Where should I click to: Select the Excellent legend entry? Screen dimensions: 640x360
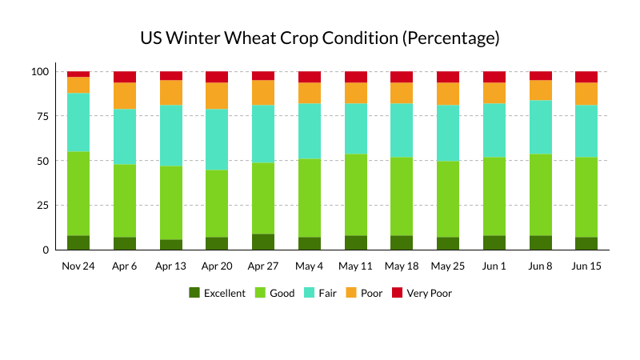click(x=217, y=293)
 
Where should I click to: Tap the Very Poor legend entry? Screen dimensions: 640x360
click(x=422, y=293)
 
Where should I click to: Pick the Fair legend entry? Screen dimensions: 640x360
click(x=321, y=293)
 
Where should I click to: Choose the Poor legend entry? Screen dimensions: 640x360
click(x=364, y=293)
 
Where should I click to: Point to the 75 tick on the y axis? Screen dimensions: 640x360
click(x=43, y=116)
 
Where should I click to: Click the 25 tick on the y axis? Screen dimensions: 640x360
click(x=43, y=206)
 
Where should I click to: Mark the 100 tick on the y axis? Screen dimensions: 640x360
click(x=40, y=72)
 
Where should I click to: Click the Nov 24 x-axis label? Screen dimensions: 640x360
click(x=78, y=266)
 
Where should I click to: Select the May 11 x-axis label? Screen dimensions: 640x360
click(x=355, y=266)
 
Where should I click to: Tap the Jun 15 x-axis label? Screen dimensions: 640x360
click(x=586, y=266)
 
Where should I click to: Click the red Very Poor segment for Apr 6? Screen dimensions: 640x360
click(x=125, y=77)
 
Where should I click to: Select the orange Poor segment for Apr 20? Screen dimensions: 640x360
click(x=217, y=96)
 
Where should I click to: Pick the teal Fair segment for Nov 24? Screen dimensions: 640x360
click(x=78, y=122)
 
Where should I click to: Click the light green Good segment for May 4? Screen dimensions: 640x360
click(x=310, y=198)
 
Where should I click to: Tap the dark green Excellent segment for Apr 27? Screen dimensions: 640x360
click(x=263, y=242)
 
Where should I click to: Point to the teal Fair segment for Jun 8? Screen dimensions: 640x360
click(x=541, y=127)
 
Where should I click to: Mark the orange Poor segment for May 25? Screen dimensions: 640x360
click(x=448, y=94)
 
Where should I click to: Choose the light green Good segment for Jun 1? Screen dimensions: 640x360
click(x=494, y=197)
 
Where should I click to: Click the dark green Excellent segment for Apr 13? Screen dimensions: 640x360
click(x=171, y=245)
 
